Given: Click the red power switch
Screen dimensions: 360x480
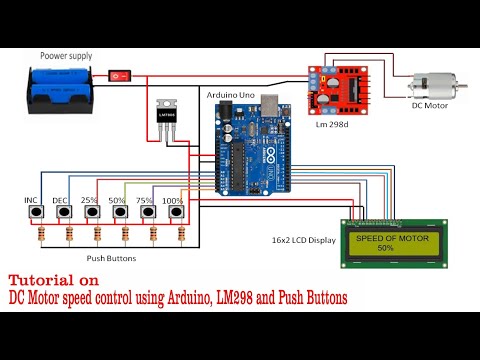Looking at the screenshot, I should point(121,75).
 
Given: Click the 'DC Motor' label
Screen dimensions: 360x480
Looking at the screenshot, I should point(431,105).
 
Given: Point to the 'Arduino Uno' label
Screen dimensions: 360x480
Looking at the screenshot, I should point(230,93).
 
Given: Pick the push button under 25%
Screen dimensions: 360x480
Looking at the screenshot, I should point(97,215).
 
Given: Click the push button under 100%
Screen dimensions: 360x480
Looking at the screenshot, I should point(181,215).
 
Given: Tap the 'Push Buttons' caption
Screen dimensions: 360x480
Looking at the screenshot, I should point(111,257).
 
